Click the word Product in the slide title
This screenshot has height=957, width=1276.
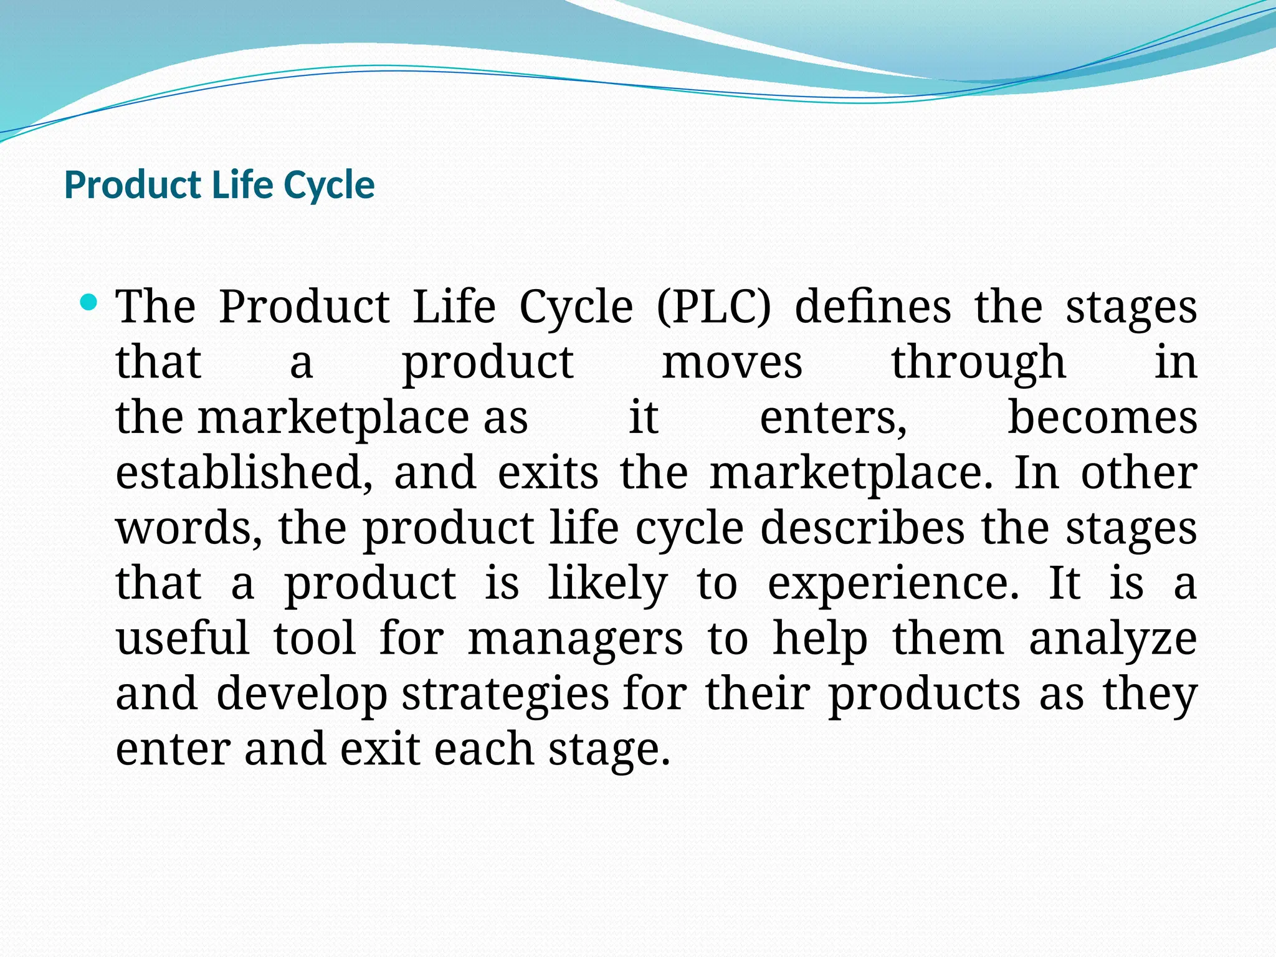(132, 185)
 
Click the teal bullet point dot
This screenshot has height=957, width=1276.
(89, 303)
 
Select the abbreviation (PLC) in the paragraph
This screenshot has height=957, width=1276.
(713, 307)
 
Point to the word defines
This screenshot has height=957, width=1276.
(873, 307)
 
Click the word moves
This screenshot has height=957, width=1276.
(732, 362)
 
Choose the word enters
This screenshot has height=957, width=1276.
(833, 417)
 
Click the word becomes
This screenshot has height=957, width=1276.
(1102, 417)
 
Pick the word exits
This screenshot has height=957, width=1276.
(548, 472)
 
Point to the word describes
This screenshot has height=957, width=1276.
(862, 528)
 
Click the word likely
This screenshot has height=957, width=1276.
(607, 584)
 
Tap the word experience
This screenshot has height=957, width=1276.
(893, 584)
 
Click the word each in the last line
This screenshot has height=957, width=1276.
(483, 749)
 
